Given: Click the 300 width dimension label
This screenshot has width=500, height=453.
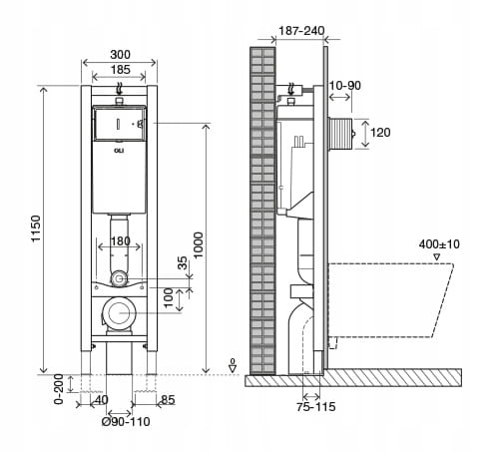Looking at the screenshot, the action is point(120,54).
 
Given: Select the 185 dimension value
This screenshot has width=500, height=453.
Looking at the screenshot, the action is point(120,70).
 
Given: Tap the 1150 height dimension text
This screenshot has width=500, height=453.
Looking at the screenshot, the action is point(36,228).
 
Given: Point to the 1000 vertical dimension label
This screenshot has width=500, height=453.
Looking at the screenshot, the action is point(198,245).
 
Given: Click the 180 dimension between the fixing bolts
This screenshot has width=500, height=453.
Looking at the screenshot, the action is point(120,240).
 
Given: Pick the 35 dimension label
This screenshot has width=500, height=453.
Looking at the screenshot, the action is point(183,262).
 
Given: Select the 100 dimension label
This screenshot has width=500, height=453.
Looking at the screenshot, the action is point(169,297).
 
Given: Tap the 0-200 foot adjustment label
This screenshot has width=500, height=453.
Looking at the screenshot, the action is point(59,389).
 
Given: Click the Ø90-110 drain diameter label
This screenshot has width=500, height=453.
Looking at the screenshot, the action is point(126,422).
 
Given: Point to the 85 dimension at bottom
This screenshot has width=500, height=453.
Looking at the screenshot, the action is point(168,399).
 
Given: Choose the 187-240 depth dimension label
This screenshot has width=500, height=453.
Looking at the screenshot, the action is point(301,31).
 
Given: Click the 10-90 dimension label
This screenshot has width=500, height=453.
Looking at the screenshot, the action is point(344,86).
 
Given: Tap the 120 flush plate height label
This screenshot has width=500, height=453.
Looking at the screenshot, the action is point(380,133).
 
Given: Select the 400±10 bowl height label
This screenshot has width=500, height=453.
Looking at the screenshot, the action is point(439,244).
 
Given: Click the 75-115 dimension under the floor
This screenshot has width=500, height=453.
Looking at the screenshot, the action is point(316,406).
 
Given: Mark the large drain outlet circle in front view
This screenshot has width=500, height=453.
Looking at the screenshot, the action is point(119,313).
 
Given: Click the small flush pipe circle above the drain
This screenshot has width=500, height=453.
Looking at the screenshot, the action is point(118,278).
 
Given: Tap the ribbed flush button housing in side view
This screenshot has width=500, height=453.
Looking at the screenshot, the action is point(340,134).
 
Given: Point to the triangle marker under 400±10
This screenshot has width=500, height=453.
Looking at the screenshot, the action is point(437,256).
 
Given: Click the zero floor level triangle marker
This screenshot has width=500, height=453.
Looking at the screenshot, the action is point(233,368).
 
